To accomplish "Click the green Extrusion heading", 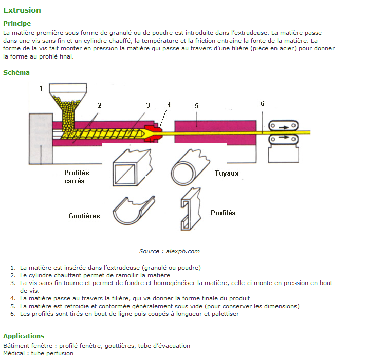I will click(x=22, y=10).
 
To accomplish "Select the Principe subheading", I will click(x=17, y=23).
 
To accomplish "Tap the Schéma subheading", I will click(x=16, y=72).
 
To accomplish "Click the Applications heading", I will click(x=24, y=336).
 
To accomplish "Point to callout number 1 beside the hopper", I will click(x=41, y=88).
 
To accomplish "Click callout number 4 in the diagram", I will click(x=169, y=105).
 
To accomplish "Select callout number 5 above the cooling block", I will click(x=196, y=106).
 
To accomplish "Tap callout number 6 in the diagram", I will click(x=262, y=103).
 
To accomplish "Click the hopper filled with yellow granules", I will click(x=67, y=105).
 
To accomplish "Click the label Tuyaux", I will click(x=227, y=173).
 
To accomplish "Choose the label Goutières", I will click(x=84, y=216).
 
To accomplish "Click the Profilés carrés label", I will click(x=77, y=177).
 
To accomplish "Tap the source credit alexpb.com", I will click(x=169, y=251).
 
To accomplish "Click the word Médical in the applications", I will click(x=15, y=353).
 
